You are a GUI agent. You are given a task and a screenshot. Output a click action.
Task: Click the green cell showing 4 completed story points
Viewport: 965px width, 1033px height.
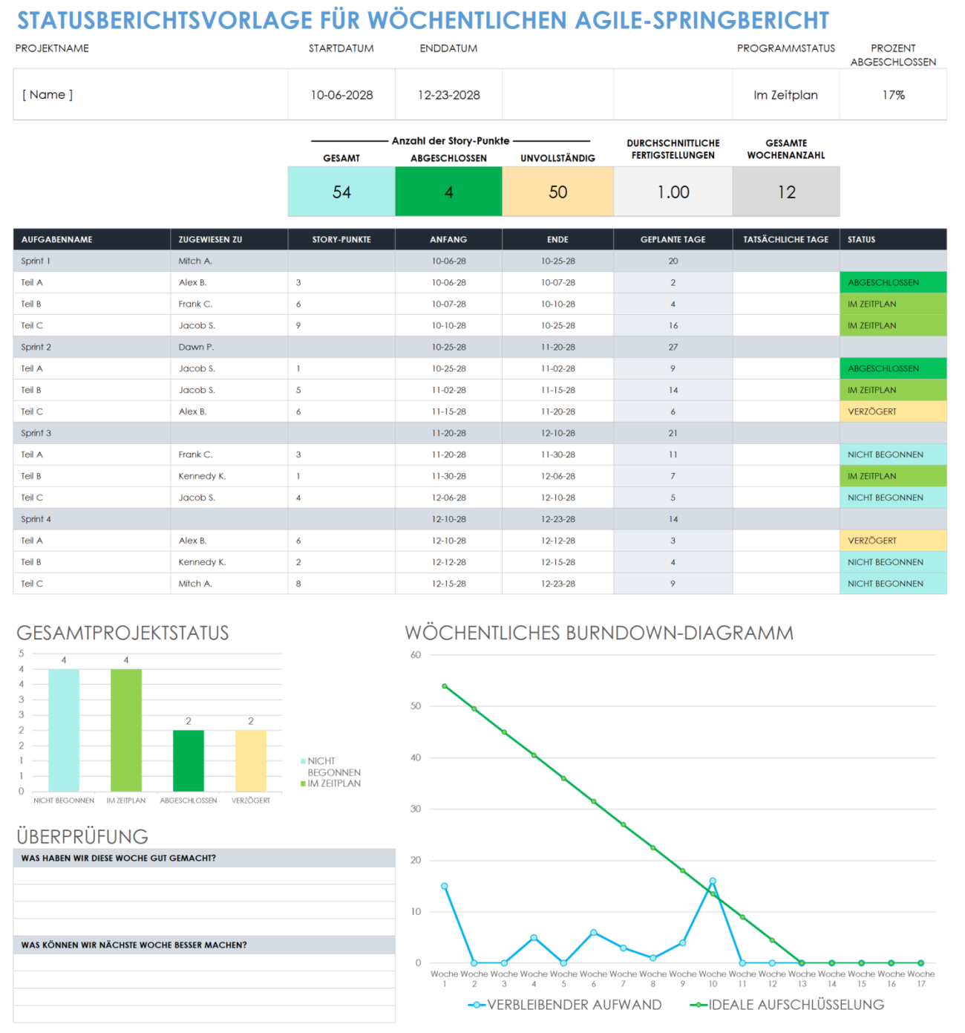pos(448,192)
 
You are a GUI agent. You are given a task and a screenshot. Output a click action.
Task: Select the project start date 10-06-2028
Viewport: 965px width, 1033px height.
pos(341,95)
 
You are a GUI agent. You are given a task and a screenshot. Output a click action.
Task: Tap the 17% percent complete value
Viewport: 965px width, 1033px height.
pos(893,95)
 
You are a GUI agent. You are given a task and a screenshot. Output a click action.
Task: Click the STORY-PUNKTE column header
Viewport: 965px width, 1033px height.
pos(341,239)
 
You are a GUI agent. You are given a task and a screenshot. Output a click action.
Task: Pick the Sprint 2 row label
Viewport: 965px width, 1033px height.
pos(36,347)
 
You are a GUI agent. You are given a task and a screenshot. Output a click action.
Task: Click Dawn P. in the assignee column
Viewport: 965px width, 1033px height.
pos(196,347)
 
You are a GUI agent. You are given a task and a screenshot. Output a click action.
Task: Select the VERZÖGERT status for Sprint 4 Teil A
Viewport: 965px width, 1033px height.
pos(873,541)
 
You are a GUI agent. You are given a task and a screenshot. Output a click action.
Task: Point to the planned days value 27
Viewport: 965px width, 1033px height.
pos(673,347)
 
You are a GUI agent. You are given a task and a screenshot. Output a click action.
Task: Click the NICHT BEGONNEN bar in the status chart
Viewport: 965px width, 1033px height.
pos(64,730)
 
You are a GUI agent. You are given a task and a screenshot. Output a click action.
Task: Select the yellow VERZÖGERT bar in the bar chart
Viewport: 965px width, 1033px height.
pos(251,760)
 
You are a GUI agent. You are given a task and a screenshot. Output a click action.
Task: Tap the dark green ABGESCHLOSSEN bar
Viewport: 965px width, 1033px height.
pos(189,760)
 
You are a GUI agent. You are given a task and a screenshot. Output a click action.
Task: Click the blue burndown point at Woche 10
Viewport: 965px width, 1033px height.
pos(713,882)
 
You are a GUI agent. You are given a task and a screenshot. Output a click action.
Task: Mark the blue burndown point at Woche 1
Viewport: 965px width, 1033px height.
pos(445,886)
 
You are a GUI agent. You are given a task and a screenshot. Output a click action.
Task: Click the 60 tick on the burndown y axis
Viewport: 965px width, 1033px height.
pos(416,655)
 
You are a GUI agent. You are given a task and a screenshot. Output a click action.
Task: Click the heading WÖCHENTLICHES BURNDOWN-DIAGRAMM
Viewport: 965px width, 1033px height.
pos(599,633)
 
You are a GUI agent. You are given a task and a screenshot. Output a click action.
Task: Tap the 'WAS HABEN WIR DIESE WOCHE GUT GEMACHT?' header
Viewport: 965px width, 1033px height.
pos(119,858)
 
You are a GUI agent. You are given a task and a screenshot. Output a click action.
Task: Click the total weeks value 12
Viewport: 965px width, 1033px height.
pos(786,192)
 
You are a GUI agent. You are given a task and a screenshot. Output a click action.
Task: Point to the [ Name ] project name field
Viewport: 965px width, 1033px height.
pos(48,95)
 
